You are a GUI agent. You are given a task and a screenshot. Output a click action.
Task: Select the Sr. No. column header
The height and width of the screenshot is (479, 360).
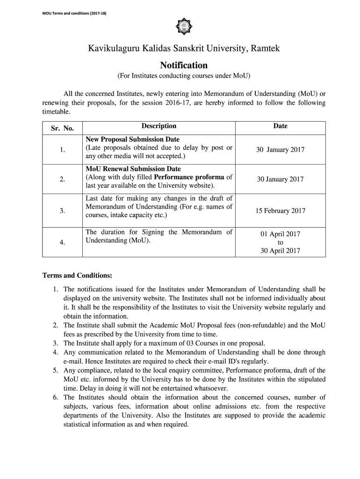point(62,128)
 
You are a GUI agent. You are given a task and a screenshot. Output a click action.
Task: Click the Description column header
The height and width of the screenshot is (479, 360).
point(159,126)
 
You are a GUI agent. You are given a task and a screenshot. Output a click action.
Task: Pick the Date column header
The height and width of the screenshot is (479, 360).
point(281,126)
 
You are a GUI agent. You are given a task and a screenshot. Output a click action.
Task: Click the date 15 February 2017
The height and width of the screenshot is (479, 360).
point(280,210)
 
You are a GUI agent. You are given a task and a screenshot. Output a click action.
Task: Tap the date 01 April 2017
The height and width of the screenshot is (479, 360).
point(281,234)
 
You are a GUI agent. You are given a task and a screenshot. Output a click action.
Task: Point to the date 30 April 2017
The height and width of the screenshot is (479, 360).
point(281,250)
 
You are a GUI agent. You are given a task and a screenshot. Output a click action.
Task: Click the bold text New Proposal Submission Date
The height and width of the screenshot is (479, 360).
point(132,139)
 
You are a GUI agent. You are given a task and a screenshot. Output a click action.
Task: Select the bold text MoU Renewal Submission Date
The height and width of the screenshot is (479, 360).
point(133,169)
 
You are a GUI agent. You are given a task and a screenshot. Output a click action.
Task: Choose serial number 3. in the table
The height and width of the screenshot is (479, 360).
point(62,210)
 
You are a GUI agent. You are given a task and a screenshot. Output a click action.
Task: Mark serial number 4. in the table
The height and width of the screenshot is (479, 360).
point(62,242)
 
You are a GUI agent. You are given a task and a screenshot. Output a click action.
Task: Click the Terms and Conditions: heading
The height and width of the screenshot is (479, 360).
point(77,275)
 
